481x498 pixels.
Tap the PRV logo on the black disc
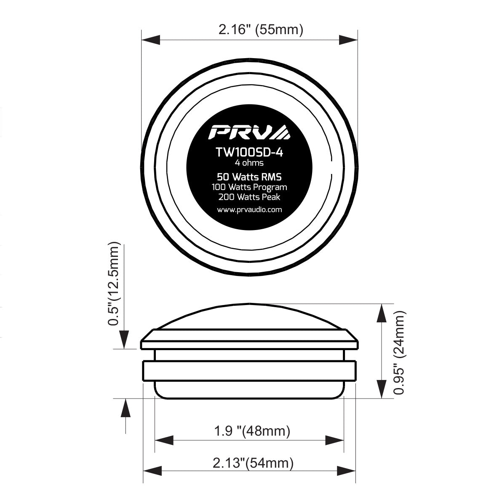tap(249, 132)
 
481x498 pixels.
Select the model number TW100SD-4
tap(249, 152)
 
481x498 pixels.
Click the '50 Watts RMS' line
tap(249, 177)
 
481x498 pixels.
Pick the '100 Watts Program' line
tap(249, 187)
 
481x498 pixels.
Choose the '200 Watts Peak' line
tap(249, 196)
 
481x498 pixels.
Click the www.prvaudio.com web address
tap(249, 209)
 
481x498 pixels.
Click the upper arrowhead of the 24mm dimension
tap(382, 313)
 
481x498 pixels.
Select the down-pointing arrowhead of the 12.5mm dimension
tap(125, 340)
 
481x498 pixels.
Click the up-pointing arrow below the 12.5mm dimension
tap(125, 408)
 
